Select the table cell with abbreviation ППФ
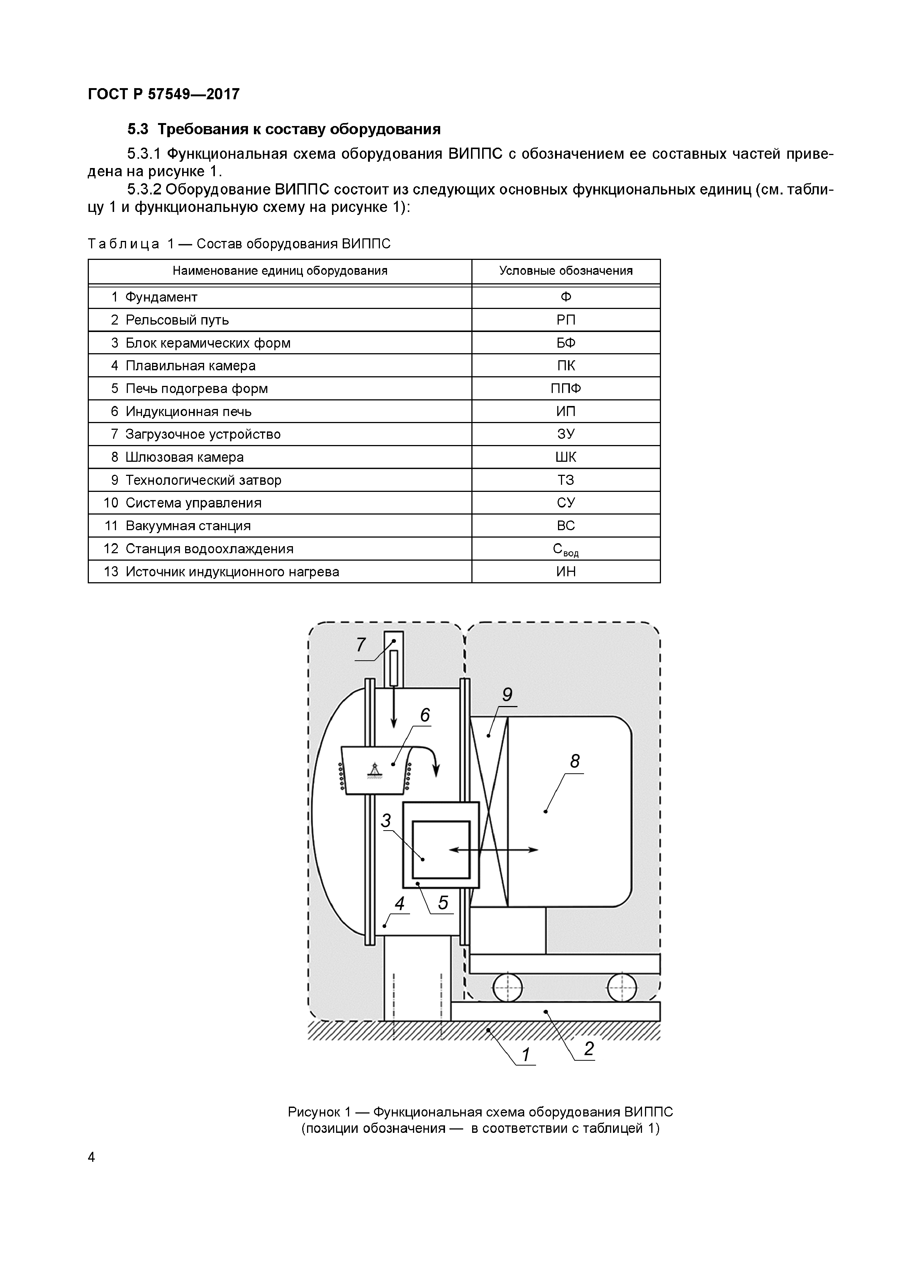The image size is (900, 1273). pyautogui.click(x=566, y=389)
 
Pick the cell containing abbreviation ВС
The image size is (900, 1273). pyautogui.click(x=566, y=526)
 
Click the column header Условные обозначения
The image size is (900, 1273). pyautogui.click(x=566, y=271)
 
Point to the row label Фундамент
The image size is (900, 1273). pyautogui.click(x=161, y=297)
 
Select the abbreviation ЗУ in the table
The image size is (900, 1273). pyautogui.click(x=566, y=434)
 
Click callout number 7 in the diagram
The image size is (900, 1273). pyautogui.click(x=361, y=645)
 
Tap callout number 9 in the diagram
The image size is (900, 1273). pyautogui.click(x=507, y=695)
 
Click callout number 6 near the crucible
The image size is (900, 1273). pyautogui.click(x=425, y=716)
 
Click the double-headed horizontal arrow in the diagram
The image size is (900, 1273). pyautogui.click(x=493, y=850)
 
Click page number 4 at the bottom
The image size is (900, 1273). pyautogui.click(x=91, y=1157)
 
